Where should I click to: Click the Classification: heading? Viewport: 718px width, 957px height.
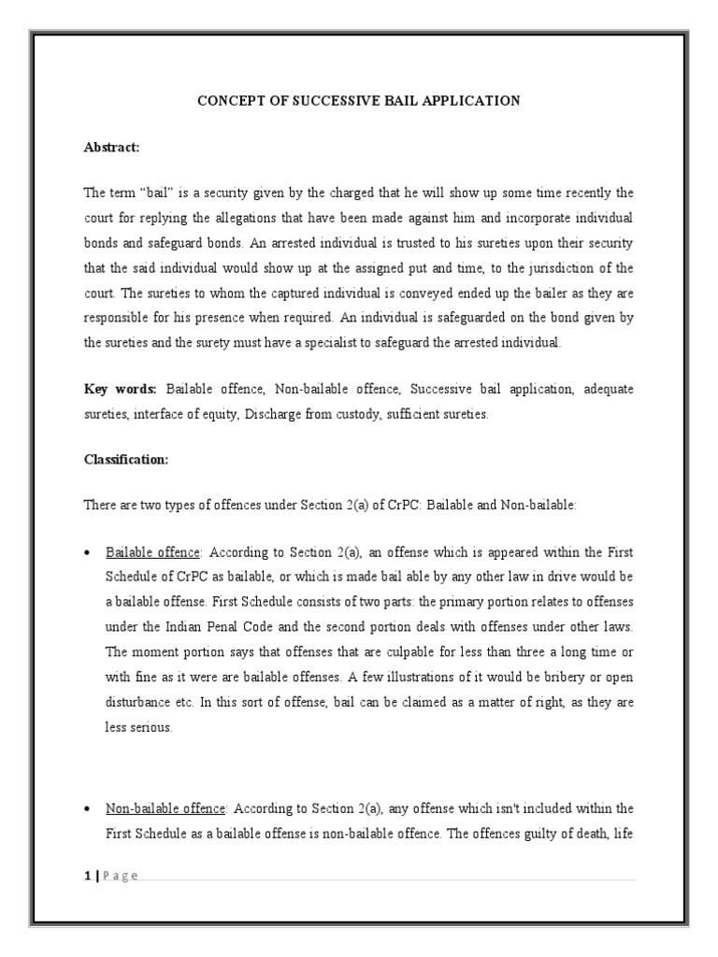[126, 460]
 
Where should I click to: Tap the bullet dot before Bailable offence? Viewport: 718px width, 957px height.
[87, 551]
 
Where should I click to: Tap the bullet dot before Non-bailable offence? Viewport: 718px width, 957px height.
[87, 807]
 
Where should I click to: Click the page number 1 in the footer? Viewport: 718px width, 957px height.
[87, 875]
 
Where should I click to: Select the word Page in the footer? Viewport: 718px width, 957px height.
[120, 875]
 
